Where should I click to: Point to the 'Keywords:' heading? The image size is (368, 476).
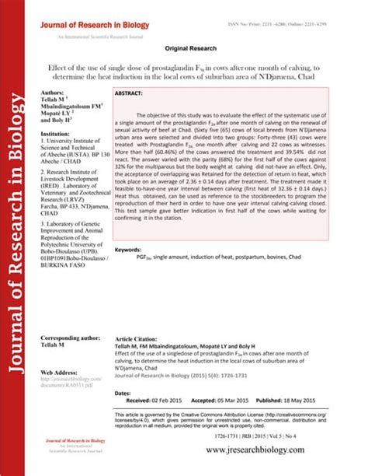tap(128, 250)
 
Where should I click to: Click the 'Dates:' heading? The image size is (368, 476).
tap(122, 394)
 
